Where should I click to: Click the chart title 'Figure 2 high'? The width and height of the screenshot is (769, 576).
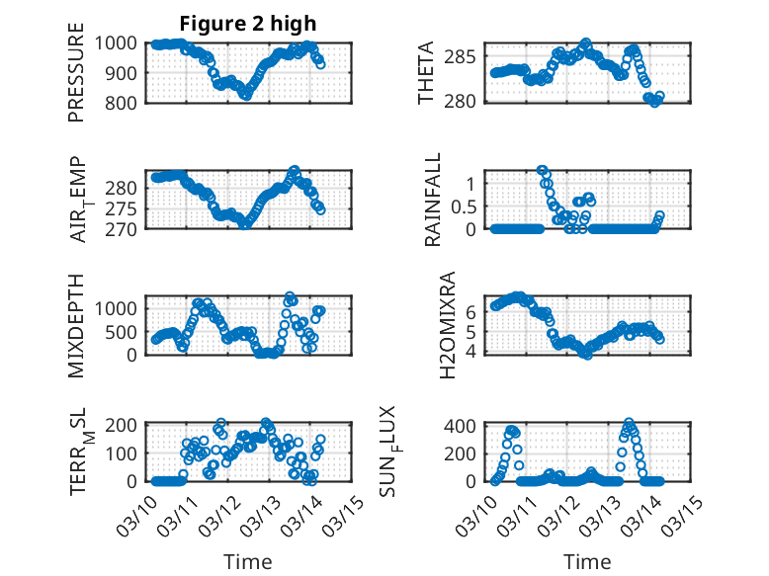[248, 24]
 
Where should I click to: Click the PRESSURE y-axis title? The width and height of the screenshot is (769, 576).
[76, 79]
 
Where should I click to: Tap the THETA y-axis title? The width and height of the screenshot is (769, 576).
[426, 73]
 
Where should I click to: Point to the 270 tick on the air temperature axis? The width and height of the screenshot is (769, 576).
[125, 228]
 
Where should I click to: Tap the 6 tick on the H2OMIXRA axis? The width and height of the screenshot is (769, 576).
[471, 312]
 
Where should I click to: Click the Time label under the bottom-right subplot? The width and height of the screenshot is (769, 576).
[587, 561]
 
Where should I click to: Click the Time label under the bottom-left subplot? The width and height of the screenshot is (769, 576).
[248, 561]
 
